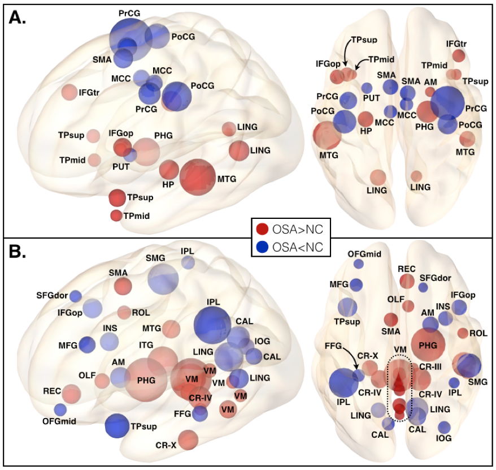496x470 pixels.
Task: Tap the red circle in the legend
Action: point(262,230)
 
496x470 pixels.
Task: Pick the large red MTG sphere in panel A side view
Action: point(197,178)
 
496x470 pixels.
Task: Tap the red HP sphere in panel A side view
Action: point(169,170)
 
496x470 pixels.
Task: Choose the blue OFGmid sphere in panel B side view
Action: point(60,409)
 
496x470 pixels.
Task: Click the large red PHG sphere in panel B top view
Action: point(428,344)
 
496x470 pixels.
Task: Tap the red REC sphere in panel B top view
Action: point(407,281)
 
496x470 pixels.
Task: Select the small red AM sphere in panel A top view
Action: point(430,92)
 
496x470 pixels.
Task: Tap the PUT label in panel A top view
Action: point(371,98)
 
